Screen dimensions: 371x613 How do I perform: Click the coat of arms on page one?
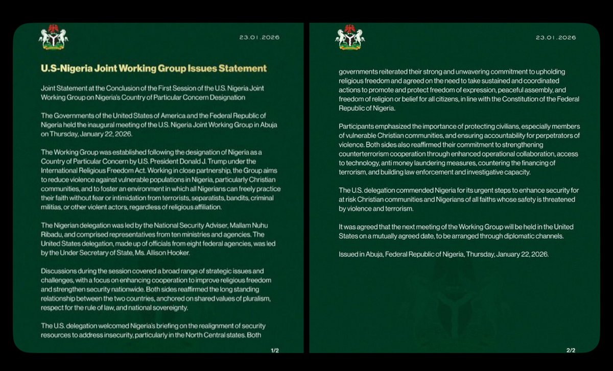pos(54,37)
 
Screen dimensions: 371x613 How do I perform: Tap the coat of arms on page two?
pos(350,37)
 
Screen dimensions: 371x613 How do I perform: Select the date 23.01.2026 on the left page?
pos(259,38)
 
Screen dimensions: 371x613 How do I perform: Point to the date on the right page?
pos(555,38)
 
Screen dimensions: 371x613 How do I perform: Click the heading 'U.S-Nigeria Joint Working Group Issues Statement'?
pos(153,68)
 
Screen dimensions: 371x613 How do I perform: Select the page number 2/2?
pos(571,351)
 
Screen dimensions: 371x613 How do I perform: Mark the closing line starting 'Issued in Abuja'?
pos(443,254)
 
